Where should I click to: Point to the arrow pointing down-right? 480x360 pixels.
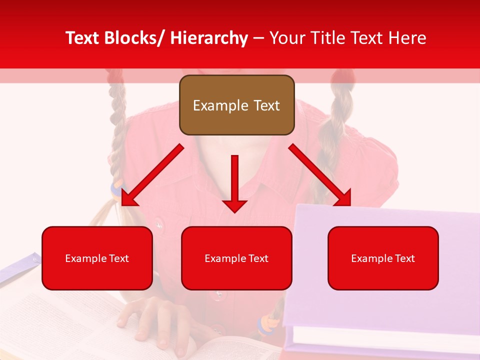(x=320, y=175)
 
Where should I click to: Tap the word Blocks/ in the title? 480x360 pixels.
(x=133, y=38)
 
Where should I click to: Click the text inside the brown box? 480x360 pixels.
(x=236, y=105)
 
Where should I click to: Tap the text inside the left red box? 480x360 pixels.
(x=97, y=258)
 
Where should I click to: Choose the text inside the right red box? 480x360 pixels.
(x=383, y=258)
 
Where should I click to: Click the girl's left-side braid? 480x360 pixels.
(x=118, y=125)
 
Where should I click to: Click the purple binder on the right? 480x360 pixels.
(x=385, y=310)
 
